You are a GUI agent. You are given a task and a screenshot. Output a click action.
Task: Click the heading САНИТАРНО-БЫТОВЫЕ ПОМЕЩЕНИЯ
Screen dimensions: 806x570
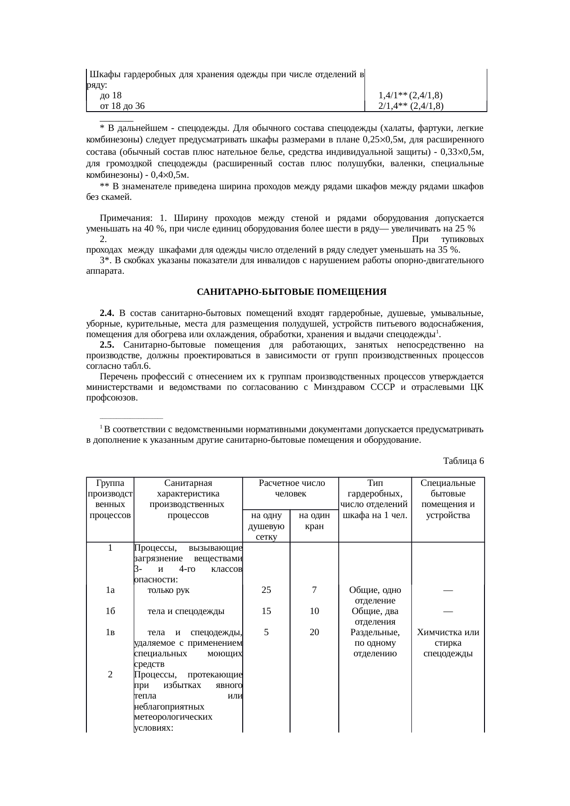click(291, 292)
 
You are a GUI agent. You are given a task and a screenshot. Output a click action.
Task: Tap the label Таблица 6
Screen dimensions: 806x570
click(463, 460)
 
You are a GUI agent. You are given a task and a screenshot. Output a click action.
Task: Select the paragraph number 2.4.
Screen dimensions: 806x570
click(107, 313)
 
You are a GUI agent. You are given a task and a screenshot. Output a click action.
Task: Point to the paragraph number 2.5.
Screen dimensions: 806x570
click(107, 345)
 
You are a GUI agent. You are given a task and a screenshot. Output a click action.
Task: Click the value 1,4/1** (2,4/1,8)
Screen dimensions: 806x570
click(410, 96)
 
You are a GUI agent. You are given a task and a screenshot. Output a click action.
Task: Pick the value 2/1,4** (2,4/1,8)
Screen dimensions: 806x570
click(410, 106)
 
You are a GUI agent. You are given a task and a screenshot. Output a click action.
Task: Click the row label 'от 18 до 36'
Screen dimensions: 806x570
click(122, 106)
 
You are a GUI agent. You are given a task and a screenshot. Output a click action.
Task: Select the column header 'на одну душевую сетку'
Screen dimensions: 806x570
click(266, 526)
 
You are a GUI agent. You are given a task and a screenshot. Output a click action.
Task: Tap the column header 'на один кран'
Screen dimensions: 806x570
click(314, 521)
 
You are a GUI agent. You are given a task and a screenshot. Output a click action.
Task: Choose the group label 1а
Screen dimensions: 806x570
click(110, 590)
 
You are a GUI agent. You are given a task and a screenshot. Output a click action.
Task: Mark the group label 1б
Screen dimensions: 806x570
click(110, 611)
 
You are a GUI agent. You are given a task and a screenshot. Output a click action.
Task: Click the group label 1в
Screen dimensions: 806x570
click(110, 632)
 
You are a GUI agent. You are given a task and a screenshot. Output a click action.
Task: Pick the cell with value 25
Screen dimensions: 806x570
click(266, 590)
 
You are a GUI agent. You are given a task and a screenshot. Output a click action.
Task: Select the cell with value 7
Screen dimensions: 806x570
click(314, 590)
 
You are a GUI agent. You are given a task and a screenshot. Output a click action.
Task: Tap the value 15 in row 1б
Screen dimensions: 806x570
click(266, 611)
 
